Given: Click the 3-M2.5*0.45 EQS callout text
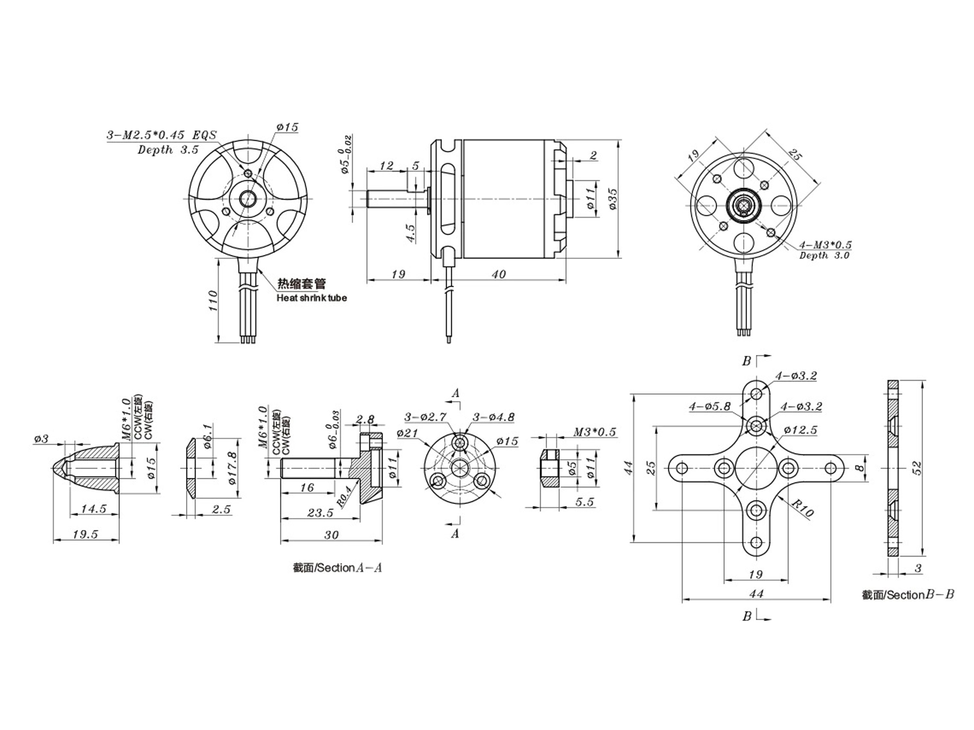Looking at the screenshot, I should (x=162, y=135).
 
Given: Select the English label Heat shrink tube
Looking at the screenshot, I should (x=311, y=298).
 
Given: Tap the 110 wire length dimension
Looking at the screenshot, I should (x=213, y=300).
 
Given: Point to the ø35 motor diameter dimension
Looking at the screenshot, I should (x=613, y=199).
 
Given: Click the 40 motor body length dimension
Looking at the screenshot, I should (x=498, y=274).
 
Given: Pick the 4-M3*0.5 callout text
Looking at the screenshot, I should (x=825, y=245).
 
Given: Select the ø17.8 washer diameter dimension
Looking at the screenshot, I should (x=232, y=468).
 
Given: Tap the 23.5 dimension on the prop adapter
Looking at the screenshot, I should (x=320, y=513).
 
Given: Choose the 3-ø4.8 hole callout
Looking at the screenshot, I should (x=493, y=417).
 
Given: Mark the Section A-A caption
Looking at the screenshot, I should (x=337, y=568).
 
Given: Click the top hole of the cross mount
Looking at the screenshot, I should (x=756, y=393).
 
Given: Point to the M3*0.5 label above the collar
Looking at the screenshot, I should (x=594, y=432).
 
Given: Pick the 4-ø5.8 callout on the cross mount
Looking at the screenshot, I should (x=710, y=406).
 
